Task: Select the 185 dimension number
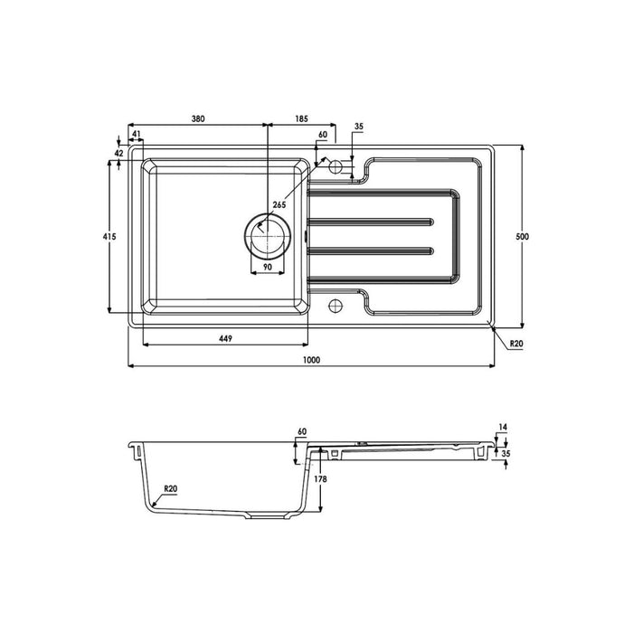pos(301,118)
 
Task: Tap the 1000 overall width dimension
pos(312,360)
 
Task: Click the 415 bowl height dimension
pos(108,236)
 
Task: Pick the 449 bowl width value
pos(225,338)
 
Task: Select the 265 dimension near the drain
pos(279,205)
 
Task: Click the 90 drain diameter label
pos(269,269)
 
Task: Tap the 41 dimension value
pos(137,134)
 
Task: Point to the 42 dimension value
pos(118,154)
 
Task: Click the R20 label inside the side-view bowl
pos(170,488)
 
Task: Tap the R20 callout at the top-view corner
pos(516,344)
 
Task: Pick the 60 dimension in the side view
pos(303,432)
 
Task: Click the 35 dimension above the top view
pos(359,128)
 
